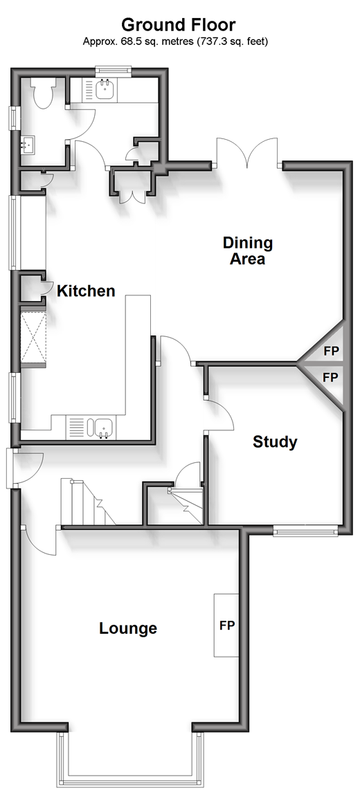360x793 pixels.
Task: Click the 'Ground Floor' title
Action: [178, 24]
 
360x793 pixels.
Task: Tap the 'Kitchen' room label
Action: [86, 291]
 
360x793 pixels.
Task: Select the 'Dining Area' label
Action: [248, 251]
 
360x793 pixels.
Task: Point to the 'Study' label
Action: [275, 442]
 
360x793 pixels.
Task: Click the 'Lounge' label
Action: [128, 628]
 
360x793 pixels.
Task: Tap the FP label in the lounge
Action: [227, 626]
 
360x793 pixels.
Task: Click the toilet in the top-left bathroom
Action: [41, 91]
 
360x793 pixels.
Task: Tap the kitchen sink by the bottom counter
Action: [103, 428]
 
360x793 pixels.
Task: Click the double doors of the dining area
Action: [247, 152]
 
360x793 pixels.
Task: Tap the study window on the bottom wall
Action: [305, 531]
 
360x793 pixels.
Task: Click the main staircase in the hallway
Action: [88, 502]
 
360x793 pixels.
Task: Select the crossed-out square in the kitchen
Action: [33, 338]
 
